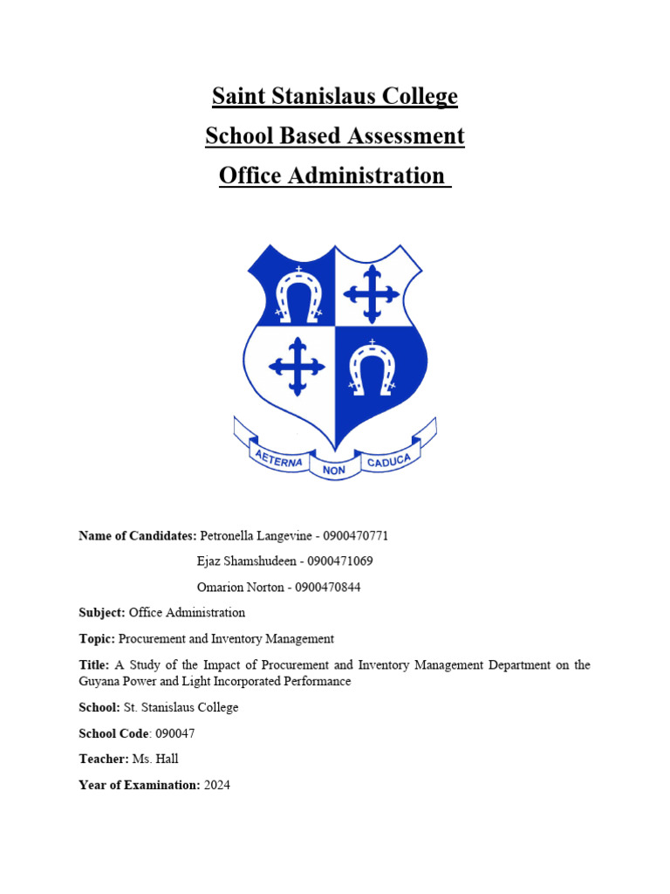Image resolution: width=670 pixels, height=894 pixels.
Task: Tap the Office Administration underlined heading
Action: click(x=333, y=175)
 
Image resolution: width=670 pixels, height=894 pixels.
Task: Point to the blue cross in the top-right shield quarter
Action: click(x=372, y=292)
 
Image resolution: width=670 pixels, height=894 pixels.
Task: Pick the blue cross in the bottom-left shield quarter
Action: click(x=297, y=365)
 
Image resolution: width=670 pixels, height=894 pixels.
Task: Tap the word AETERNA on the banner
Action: click(x=277, y=459)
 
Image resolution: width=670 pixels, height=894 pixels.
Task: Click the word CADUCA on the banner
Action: click(x=393, y=459)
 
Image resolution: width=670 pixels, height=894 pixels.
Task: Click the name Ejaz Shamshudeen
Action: click(x=247, y=561)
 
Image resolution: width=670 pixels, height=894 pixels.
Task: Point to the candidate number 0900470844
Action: click(x=328, y=588)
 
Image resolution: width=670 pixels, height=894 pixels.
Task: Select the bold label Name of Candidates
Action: click(x=137, y=536)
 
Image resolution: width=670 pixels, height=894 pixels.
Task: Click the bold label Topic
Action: click(x=96, y=639)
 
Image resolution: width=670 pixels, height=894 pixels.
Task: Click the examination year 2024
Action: click(x=217, y=786)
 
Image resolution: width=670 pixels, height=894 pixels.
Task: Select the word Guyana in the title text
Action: click(x=98, y=681)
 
